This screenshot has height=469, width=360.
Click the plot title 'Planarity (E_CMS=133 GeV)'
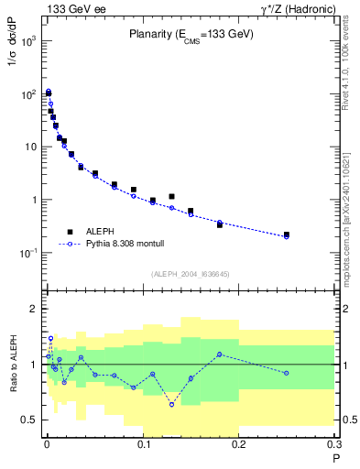[191, 36]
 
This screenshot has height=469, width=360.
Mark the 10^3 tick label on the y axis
[27, 42]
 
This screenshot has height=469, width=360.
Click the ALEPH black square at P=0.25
[287, 234]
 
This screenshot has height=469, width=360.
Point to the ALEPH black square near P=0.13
[171, 196]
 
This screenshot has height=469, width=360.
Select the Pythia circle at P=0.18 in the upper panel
[220, 223]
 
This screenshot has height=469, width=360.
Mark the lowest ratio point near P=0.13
[171, 404]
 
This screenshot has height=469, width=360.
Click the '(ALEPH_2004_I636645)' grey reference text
[191, 274]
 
